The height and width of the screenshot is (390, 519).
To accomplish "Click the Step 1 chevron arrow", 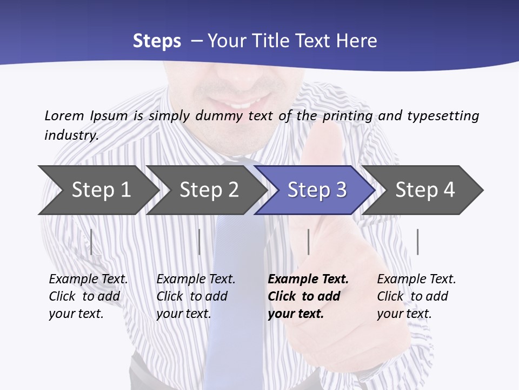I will click(101, 190).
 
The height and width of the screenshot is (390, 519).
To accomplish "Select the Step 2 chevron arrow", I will click(209, 190).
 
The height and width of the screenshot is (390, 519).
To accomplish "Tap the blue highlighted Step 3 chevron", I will click(317, 190).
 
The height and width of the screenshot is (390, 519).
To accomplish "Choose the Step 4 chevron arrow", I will click(425, 190).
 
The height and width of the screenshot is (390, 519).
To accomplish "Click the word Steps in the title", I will click(157, 41).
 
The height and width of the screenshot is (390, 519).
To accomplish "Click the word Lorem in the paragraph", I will click(63, 115).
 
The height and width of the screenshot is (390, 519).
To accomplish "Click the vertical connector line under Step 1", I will click(91, 242).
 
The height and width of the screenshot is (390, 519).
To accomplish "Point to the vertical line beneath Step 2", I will click(199, 242).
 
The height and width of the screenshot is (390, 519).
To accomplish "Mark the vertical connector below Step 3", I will click(308, 242).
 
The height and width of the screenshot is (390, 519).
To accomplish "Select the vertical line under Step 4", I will click(417, 242).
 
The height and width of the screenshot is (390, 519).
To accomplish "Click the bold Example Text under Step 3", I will click(308, 279).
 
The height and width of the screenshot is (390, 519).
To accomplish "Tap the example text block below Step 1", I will click(88, 296).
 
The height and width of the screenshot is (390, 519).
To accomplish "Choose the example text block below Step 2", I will click(196, 296).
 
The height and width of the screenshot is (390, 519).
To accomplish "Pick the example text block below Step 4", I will click(416, 296).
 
